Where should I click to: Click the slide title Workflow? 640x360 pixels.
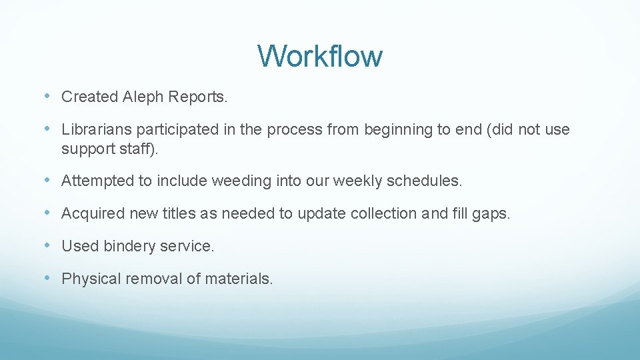320,56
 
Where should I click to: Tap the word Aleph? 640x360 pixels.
143,97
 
